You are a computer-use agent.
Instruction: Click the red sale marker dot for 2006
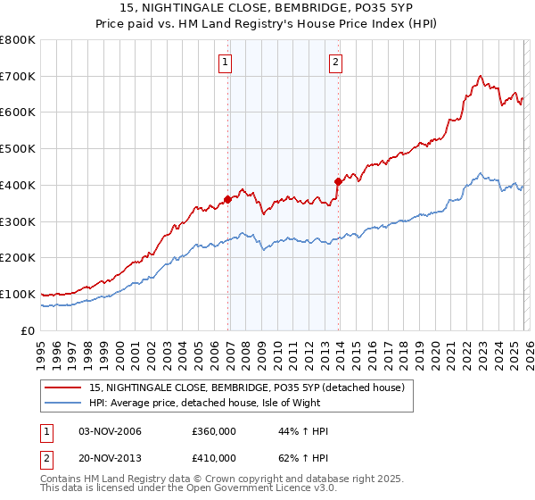pos(227,199)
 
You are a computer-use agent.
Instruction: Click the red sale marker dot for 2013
pos(339,181)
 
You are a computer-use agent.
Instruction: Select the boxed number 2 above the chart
pos(335,62)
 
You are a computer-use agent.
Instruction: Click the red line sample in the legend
pos(64,387)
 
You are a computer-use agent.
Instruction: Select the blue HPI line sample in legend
pos(64,403)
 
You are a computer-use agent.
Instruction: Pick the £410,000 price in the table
pos(214,457)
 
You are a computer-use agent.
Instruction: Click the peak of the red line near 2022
pos(480,76)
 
